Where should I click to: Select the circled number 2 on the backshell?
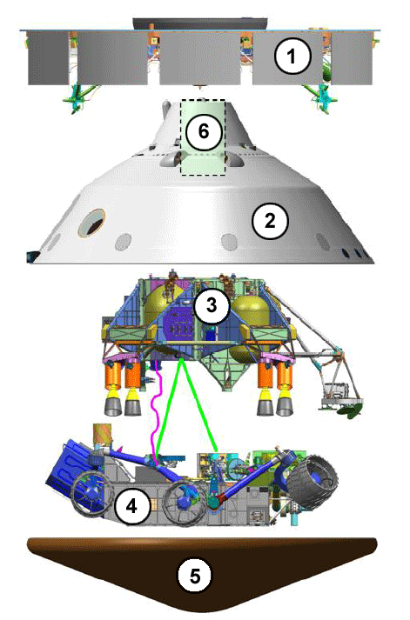click(x=271, y=220)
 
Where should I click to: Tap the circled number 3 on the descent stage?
click(x=212, y=305)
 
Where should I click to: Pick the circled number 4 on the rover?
click(x=131, y=506)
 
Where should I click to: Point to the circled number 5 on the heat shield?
click(x=194, y=576)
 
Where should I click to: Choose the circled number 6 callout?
click(x=203, y=131)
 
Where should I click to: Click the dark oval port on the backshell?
click(x=91, y=223)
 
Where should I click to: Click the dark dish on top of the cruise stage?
click(x=201, y=23)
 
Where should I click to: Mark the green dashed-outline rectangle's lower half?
click(x=203, y=157)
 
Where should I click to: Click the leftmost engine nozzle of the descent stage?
click(x=113, y=406)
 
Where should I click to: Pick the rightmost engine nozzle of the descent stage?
click(x=285, y=406)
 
